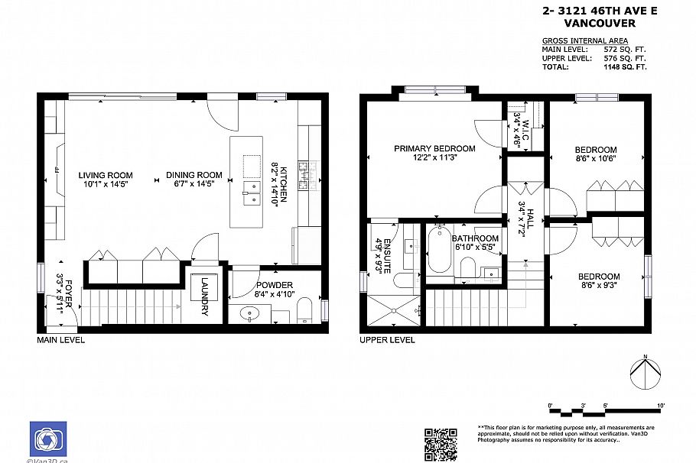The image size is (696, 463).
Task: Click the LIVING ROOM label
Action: click(x=106, y=175)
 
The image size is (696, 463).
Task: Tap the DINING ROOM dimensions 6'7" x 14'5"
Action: click(x=194, y=183)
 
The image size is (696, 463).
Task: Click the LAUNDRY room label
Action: click(x=205, y=296)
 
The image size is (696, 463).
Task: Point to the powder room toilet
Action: click(x=304, y=310)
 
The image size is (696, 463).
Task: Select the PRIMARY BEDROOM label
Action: click(x=434, y=148)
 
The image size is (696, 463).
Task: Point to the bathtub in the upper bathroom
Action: click(x=439, y=250)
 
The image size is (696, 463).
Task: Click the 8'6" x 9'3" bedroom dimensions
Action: click(x=598, y=286)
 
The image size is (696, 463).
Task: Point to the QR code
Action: click(x=440, y=444)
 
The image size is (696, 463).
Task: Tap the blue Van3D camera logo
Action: click(x=48, y=439)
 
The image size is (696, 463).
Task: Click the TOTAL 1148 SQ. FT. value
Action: click(x=625, y=66)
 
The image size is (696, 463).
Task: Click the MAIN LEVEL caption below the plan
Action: click(x=61, y=340)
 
